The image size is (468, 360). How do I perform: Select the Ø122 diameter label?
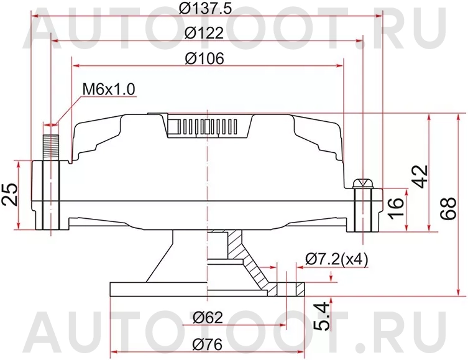click(205, 33)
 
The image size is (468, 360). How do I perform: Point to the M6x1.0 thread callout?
click(109, 89)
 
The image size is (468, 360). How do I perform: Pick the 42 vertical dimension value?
click(421, 177)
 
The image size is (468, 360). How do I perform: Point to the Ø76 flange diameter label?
click(207, 343)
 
